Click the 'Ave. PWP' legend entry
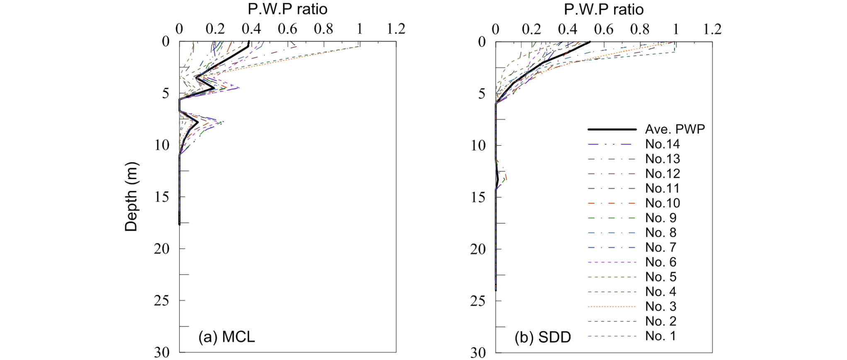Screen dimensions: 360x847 (675, 129)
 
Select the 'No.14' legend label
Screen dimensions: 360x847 (663, 144)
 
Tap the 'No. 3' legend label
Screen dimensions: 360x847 (661, 306)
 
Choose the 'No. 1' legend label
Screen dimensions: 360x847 (661, 336)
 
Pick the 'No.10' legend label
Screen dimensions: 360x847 (663, 203)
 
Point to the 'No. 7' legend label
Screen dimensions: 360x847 (661, 248)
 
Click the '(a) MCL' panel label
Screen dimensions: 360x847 (226, 337)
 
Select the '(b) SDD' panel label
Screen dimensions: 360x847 (543, 337)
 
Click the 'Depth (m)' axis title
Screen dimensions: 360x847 (131, 197)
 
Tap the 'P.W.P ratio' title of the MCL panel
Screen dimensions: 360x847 (287, 9)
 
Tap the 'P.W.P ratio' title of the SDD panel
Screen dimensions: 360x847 (604, 9)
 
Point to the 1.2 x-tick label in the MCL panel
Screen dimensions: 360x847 (396, 29)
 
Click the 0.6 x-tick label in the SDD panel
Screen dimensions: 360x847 (604, 29)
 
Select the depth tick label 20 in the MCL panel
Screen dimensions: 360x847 (162, 249)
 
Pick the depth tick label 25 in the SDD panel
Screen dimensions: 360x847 (478, 301)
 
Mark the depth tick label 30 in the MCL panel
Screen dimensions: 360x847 (162, 353)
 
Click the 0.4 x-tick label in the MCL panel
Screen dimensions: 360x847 (251, 29)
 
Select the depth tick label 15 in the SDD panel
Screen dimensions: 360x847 (478, 197)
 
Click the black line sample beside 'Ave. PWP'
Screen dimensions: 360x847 (612, 129)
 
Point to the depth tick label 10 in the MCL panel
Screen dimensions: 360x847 (162, 145)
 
